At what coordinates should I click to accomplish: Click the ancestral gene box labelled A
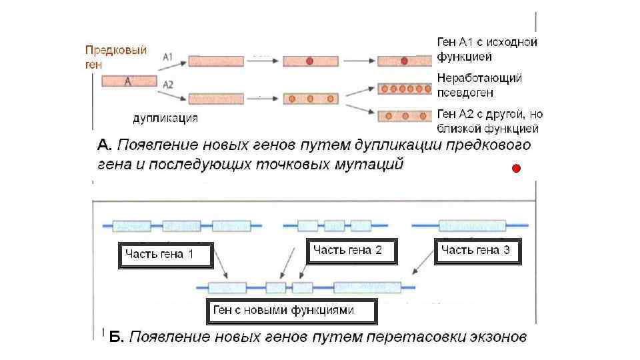pyautogui.click(x=129, y=81)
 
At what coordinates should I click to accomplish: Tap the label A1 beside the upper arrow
pyautogui.click(x=168, y=58)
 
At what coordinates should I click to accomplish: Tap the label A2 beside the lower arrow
pyautogui.click(x=168, y=85)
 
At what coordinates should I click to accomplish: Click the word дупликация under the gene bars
pyautogui.click(x=165, y=119)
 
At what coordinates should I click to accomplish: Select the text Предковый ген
pyautogui.click(x=115, y=56)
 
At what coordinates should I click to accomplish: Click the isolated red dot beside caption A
pyautogui.click(x=514, y=169)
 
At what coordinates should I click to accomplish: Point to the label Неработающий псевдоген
pyautogui.click(x=479, y=85)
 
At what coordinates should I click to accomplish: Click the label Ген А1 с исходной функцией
pyautogui.click(x=487, y=49)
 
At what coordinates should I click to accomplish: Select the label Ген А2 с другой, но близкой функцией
pyautogui.click(x=487, y=121)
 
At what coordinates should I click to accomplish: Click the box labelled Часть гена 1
pyautogui.click(x=165, y=255)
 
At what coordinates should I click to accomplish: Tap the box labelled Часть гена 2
pyautogui.click(x=351, y=251)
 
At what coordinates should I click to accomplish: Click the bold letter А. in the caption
pyautogui.click(x=104, y=145)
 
